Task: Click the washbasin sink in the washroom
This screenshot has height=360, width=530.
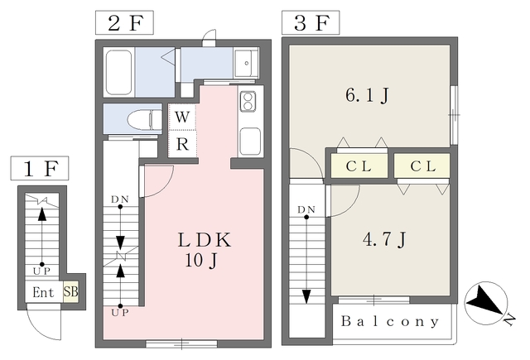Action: (246, 64)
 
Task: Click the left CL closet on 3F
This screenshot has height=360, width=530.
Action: (358, 166)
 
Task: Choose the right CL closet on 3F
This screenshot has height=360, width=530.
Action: (422, 166)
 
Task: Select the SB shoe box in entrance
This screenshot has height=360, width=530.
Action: (70, 291)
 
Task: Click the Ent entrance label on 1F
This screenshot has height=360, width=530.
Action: (44, 291)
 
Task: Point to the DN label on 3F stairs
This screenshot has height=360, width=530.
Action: (306, 208)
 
